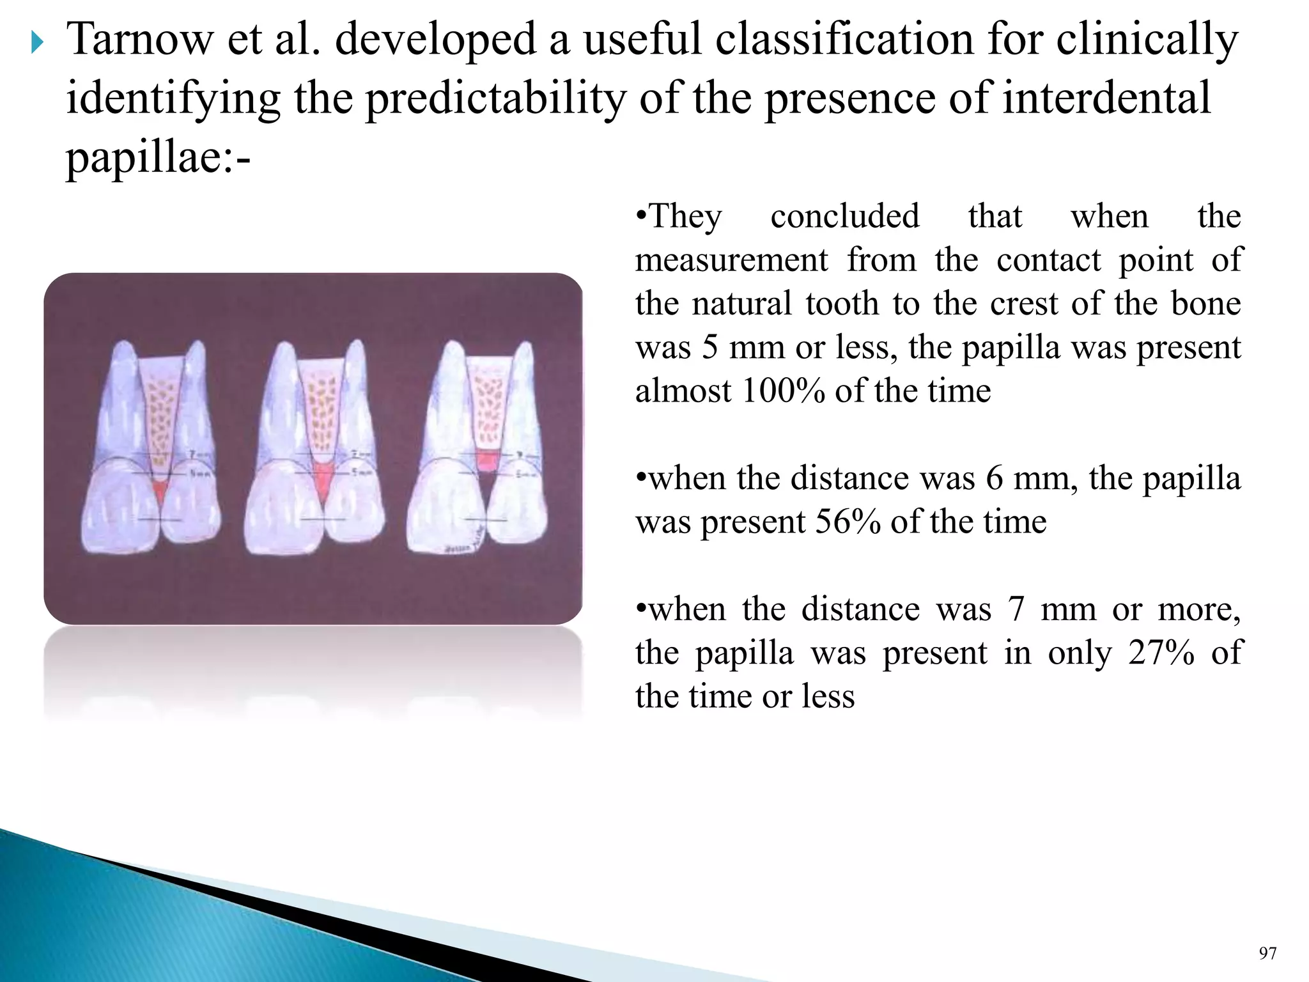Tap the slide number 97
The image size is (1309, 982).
[x=1267, y=954]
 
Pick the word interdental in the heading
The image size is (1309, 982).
[x=1106, y=98]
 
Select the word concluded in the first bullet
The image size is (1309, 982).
[x=844, y=216]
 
